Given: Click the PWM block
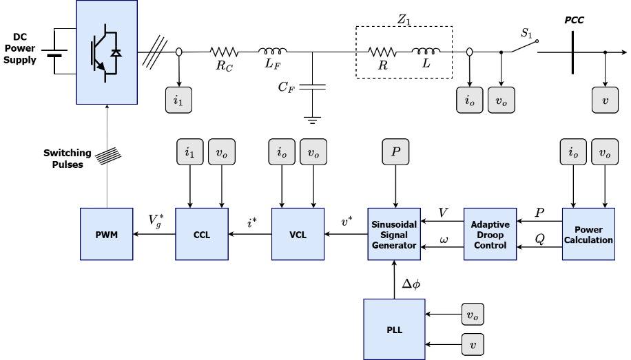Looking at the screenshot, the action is tap(107, 234).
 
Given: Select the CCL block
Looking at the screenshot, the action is tap(202, 234).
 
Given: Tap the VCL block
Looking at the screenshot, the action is tap(298, 234).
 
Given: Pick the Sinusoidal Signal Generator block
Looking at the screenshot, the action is tap(394, 234).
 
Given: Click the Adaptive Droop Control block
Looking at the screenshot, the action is tap(490, 234).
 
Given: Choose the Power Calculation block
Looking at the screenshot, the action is tap(588, 234).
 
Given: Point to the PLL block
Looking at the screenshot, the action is tap(394, 330).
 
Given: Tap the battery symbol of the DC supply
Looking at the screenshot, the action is tap(54, 53).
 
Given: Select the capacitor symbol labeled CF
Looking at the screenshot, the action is tap(312, 87).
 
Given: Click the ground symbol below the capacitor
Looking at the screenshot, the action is tap(312, 120).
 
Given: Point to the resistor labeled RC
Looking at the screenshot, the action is tap(224, 52).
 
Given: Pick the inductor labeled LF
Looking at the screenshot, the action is tap(272, 51).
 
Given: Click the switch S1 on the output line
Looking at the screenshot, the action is tap(525, 46).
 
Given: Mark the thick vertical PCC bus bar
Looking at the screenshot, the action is tap(572, 53).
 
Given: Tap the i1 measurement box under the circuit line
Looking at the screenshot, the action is tap(178, 100).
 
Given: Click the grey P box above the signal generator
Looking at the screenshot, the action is tap(395, 151).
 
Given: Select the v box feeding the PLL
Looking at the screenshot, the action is tap(473, 344).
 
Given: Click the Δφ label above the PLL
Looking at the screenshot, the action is tap(411, 284).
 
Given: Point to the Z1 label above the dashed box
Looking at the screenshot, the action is tap(404, 19).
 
